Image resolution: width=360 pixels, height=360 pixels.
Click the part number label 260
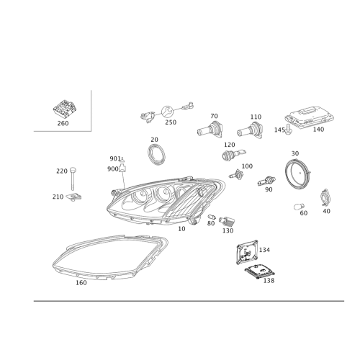click(63, 123)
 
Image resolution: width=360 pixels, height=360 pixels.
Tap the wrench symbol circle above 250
click(167, 112)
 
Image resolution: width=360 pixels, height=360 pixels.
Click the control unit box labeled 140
click(309, 117)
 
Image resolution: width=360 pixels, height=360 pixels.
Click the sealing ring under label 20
click(156, 155)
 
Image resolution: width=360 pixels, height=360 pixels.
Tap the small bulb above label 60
click(299, 207)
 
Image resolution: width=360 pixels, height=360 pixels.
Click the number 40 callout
click(326, 211)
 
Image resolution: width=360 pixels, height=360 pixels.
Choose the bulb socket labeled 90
click(266, 181)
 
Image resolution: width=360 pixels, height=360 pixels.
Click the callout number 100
click(247, 166)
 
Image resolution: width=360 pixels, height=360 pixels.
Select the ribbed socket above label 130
click(227, 221)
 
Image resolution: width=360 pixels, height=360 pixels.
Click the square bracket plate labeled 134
click(248, 252)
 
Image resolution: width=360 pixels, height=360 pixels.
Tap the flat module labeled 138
click(260, 271)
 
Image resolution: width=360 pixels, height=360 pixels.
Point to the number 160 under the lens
click(81, 283)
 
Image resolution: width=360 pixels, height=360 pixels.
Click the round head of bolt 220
click(73, 170)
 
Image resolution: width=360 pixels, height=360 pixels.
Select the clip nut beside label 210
click(73, 197)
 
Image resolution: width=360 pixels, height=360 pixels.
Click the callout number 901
click(115, 158)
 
